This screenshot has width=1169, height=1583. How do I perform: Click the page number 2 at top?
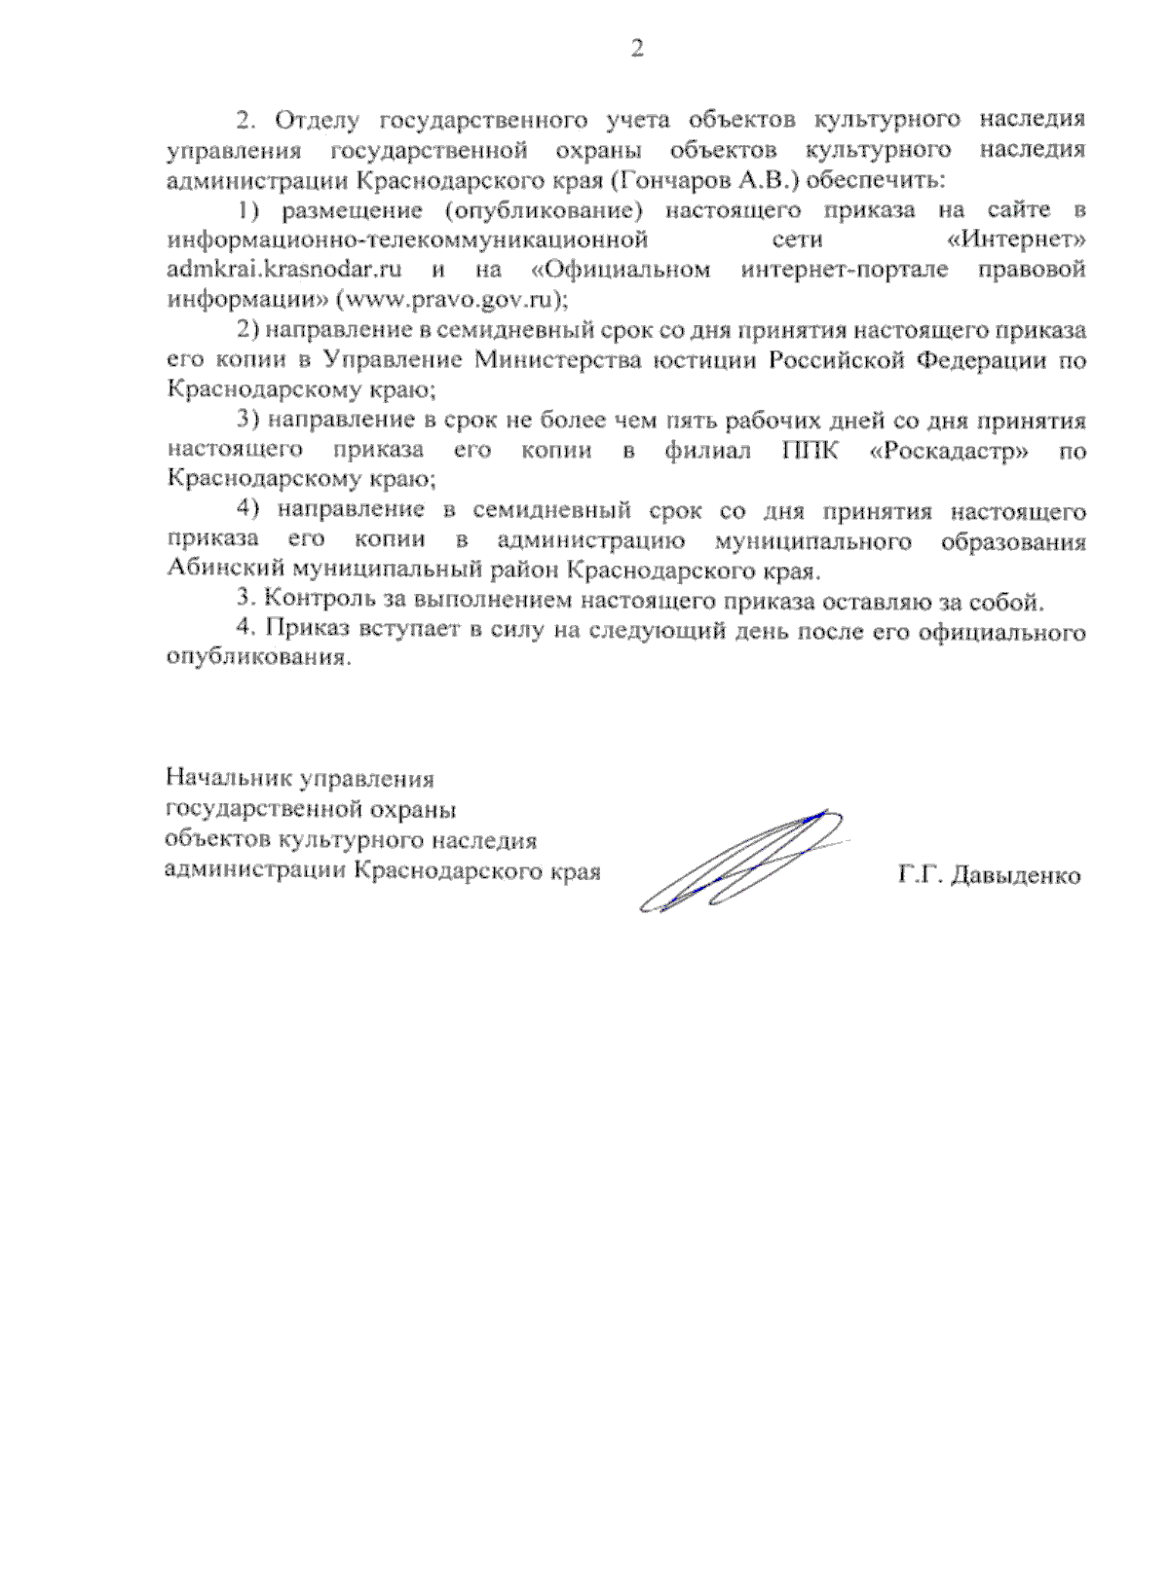637,49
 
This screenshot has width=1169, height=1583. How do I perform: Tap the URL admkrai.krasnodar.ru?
284,269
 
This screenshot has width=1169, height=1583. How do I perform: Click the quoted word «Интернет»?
1016,239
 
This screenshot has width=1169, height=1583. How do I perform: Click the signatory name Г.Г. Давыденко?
989,875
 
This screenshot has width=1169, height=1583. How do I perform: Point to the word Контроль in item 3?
309,601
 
